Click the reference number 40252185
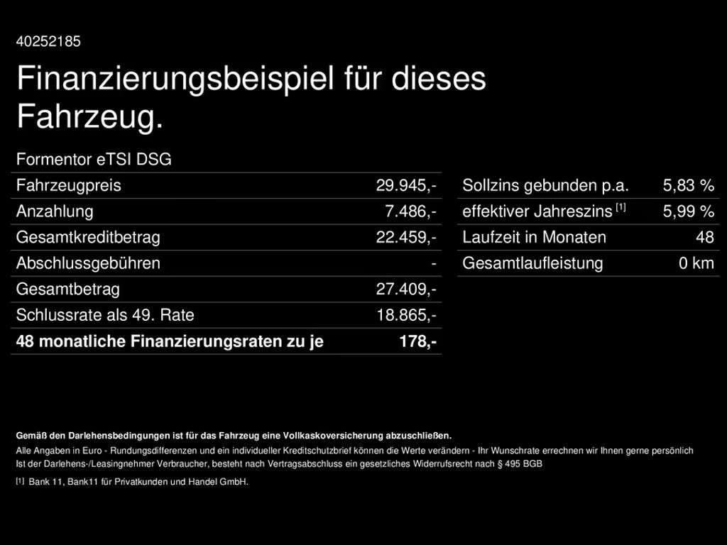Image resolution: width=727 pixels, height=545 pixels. coord(48,41)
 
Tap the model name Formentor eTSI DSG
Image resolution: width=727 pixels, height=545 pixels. coord(94,160)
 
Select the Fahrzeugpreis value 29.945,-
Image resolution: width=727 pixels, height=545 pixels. coord(406,186)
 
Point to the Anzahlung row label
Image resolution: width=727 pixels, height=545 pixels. coord(55,211)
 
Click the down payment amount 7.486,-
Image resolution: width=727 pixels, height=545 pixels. coord(410,211)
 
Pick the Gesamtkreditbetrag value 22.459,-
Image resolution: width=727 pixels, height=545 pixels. coord(406,237)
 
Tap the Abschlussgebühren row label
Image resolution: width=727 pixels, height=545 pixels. coord(88,263)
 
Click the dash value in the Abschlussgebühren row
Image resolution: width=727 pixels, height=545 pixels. coord(433,263)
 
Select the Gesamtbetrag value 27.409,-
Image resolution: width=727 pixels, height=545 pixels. coord(406,290)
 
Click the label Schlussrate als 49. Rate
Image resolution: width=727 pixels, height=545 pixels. coord(105,315)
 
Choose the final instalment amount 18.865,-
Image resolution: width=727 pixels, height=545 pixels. coord(406,315)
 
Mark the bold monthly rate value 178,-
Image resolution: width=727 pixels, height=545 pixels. coord(418,341)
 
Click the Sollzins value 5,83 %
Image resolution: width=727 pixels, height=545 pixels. coord(688,186)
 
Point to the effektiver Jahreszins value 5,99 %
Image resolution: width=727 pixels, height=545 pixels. coord(688,211)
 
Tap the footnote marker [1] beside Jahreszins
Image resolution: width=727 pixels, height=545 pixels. coord(621,207)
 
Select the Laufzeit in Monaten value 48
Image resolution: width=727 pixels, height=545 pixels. coord(704,237)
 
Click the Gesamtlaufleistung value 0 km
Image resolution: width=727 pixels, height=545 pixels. coord(696,263)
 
